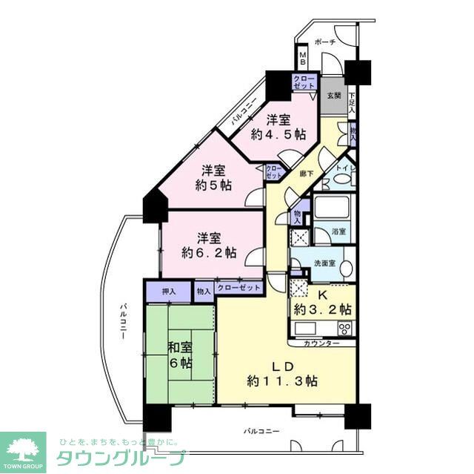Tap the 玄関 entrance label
tap(333, 95)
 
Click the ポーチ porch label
tap(325, 42)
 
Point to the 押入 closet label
tap(168, 292)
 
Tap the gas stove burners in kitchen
tap(344, 328)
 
